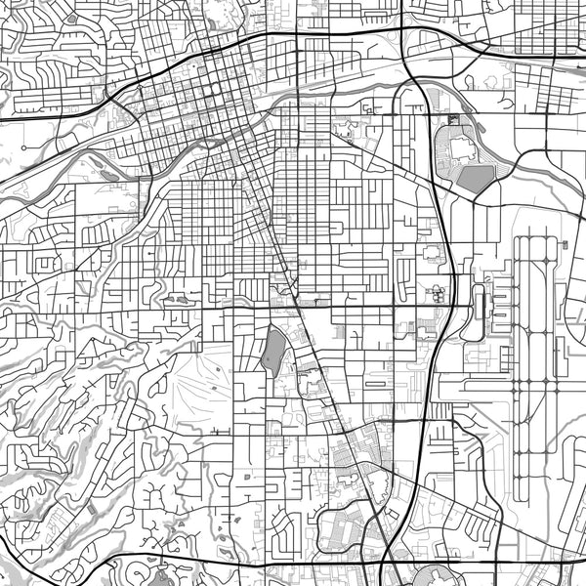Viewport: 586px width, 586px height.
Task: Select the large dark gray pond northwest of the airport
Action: pos(476,179)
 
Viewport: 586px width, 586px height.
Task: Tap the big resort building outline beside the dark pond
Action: pos(451,152)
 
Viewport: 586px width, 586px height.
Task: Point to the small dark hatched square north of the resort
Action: pos(452,120)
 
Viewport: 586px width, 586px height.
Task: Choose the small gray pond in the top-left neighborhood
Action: pos(71,18)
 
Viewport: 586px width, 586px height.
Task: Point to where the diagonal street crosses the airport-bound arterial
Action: pos(296,307)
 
